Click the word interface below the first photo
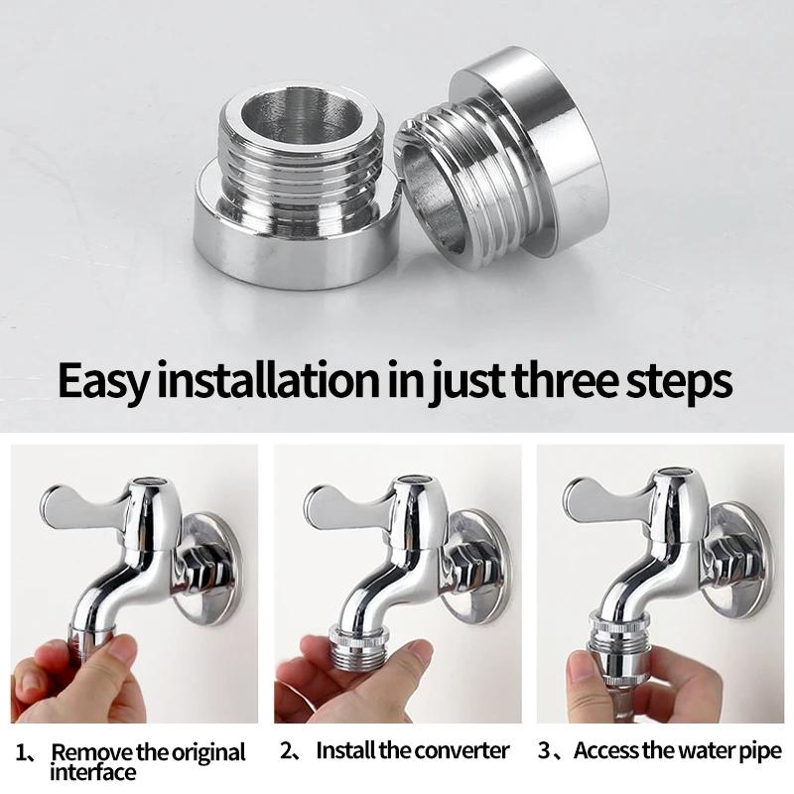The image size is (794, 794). pos(93,772)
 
